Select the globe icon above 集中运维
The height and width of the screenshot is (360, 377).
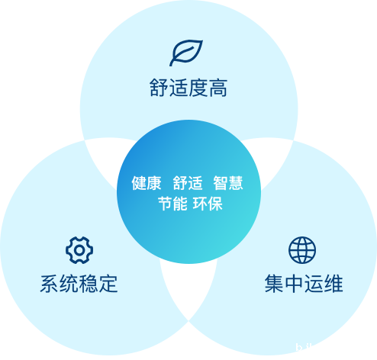click(302, 250)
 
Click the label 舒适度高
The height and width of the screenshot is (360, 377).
click(188, 88)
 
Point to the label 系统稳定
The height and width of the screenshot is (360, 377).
click(79, 284)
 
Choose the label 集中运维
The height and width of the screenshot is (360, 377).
click(304, 284)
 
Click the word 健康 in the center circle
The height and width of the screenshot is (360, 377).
click(147, 183)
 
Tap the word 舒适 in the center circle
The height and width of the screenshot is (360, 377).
click(188, 183)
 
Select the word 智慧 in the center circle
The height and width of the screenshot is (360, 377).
click(228, 183)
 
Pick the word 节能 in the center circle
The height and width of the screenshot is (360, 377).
click(172, 204)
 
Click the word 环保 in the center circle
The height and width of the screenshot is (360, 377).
click(208, 204)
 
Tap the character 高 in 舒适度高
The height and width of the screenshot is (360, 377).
click(218, 88)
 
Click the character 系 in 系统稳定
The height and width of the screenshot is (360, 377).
click(50, 284)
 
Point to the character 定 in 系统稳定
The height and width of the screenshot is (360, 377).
click(108, 284)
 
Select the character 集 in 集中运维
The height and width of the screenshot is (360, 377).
click(274, 284)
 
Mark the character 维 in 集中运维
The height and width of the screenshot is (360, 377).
click(333, 284)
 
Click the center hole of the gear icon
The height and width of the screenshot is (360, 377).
click(79, 250)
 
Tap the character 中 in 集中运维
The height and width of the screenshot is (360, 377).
click(294, 284)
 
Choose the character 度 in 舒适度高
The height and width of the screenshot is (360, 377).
click(198, 88)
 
